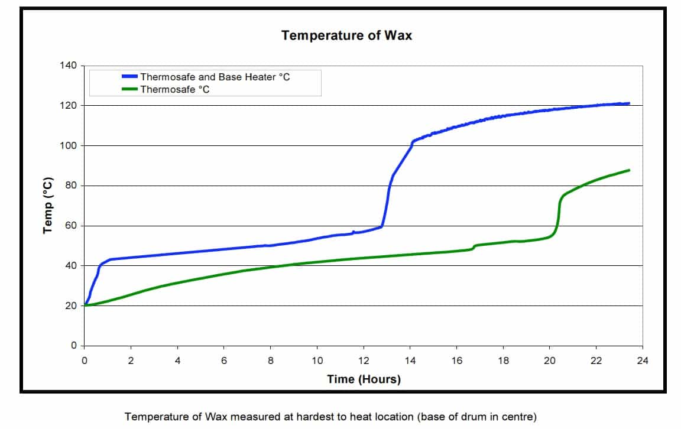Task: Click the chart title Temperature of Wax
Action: click(x=346, y=35)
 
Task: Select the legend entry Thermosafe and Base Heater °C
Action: click(x=215, y=77)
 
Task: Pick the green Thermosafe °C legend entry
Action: click(x=174, y=90)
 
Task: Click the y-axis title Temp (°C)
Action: click(x=48, y=205)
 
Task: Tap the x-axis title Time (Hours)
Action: click(x=364, y=379)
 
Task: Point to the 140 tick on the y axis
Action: click(x=69, y=66)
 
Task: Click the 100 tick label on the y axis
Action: click(x=69, y=145)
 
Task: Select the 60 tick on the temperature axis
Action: click(x=71, y=226)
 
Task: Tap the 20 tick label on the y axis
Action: click(x=71, y=306)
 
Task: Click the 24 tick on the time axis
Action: click(x=643, y=361)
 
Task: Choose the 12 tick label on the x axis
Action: click(x=363, y=361)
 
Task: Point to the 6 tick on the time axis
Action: click(x=224, y=361)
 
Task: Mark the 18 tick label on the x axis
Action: click(x=503, y=361)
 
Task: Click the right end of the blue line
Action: click(x=628, y=103)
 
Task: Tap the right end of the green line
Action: click(x=628, y=170)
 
